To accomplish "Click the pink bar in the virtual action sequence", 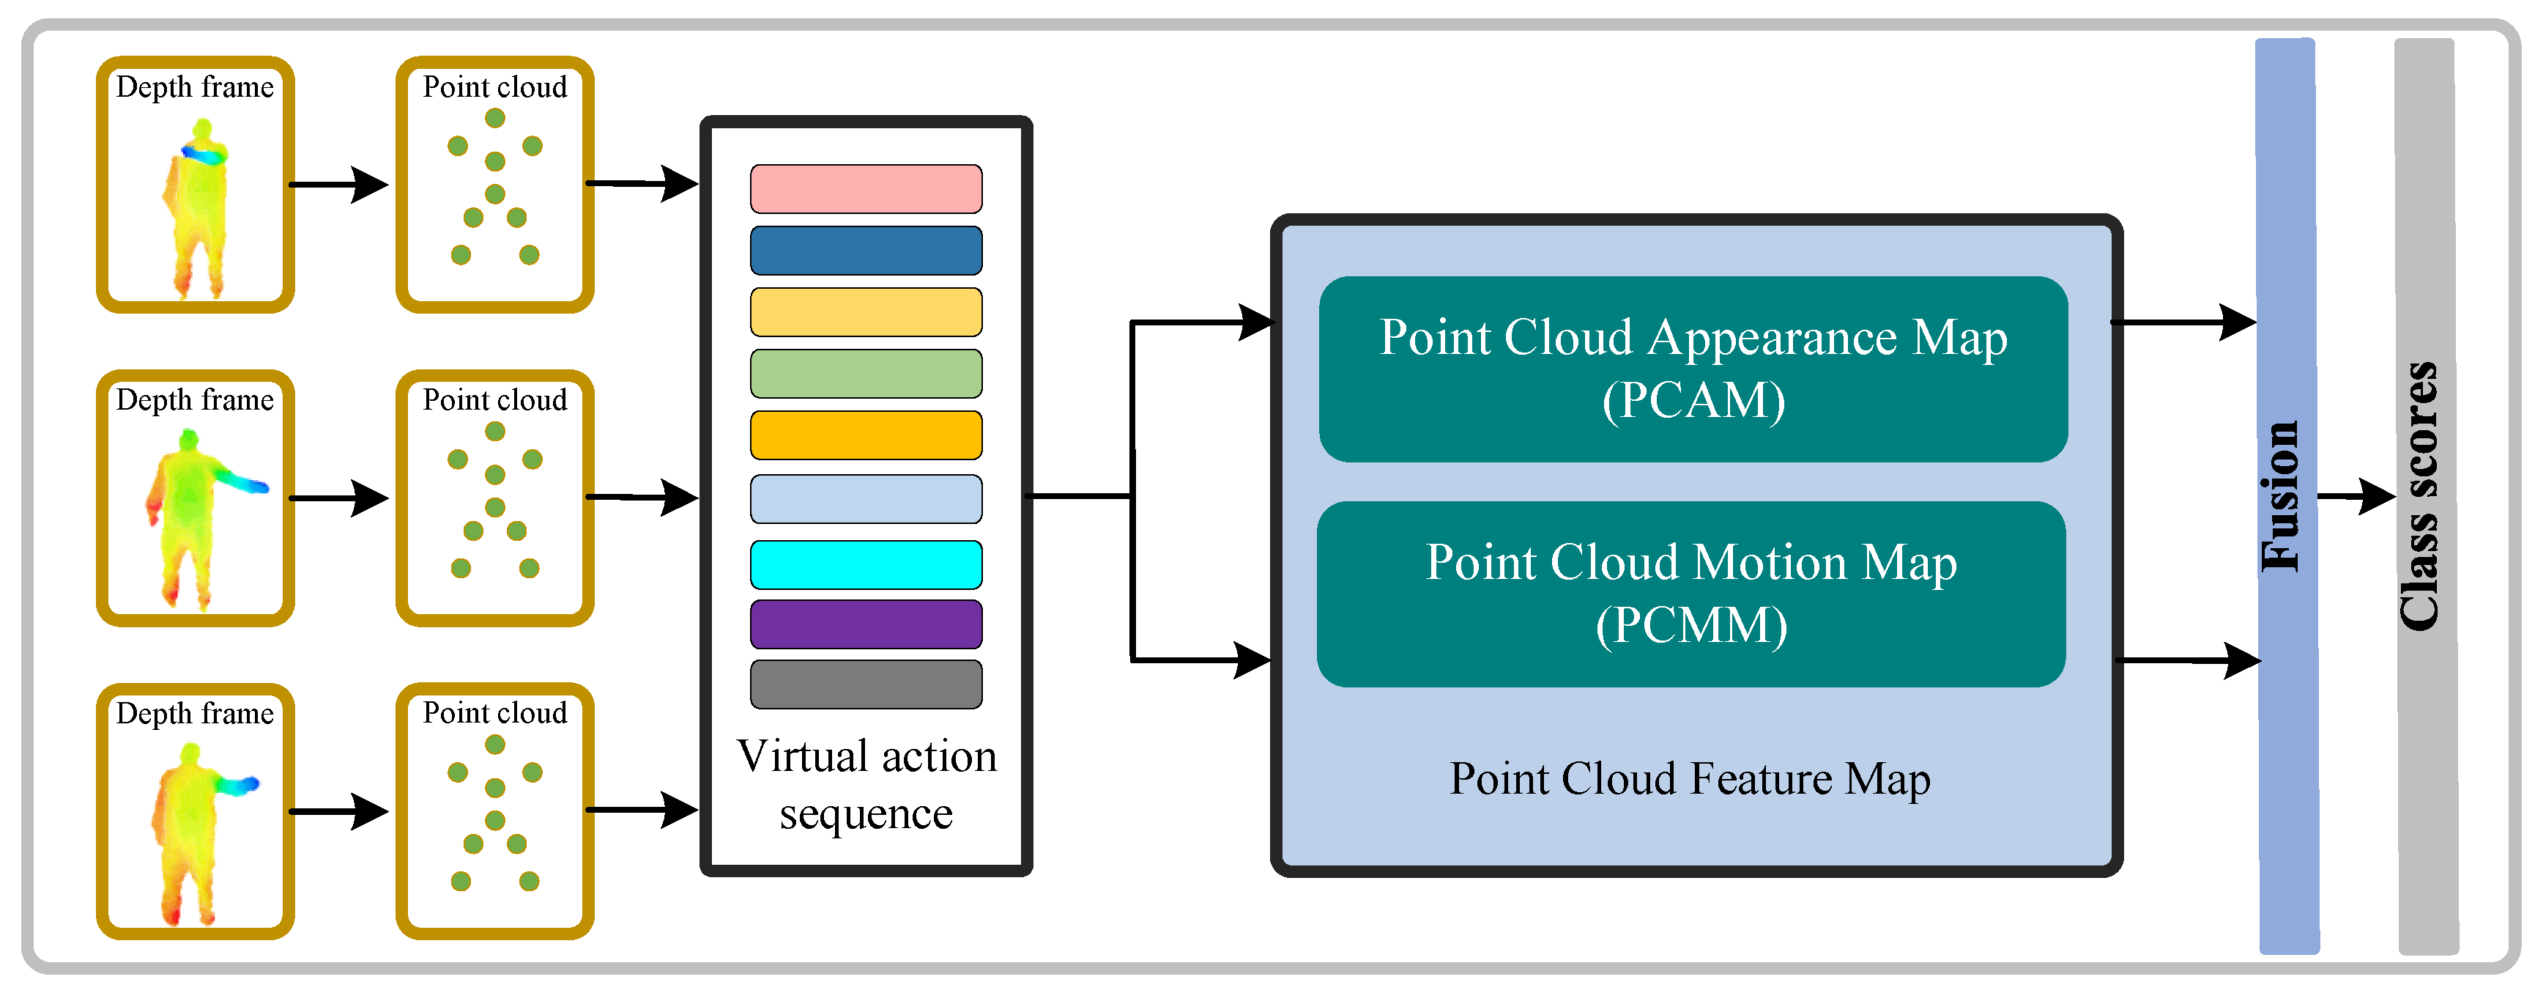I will [866, 189].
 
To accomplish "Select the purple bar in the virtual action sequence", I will [866, 624].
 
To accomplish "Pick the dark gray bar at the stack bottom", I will [866, 684].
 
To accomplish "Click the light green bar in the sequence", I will [866, 373].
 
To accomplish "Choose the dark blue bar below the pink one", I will [866, 250].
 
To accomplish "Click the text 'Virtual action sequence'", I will [866, 784].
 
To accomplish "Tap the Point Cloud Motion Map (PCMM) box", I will [1690, 594].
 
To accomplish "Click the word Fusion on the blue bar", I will [2281, 496].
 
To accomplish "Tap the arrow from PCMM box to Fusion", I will [2186, 660].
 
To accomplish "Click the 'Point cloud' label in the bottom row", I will [495, 712].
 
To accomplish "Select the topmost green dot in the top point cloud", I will [495, 118].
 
